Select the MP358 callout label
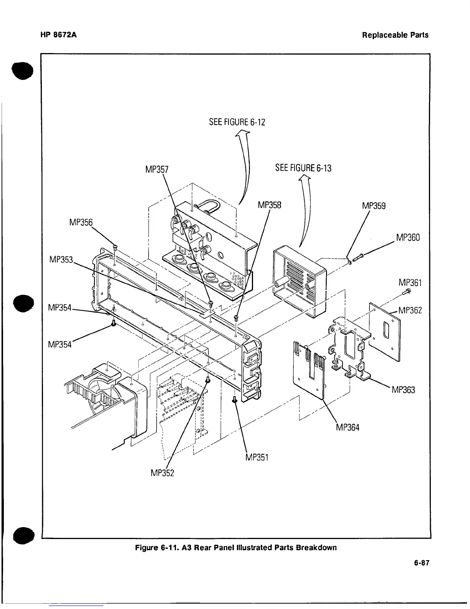[270, 205]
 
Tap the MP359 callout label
[374, 206]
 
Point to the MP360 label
[408, 238]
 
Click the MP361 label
[410, 283]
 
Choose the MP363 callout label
[403, 390]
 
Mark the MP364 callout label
[348, 427]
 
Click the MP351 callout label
[256, 457]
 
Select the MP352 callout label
[163, 473]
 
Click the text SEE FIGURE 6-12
[237, 122]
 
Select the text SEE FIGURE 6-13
[303, 168]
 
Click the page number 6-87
[421, 563]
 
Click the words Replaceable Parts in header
[395, 35]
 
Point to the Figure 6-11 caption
[235, 547]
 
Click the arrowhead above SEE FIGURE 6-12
[242, 133]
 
